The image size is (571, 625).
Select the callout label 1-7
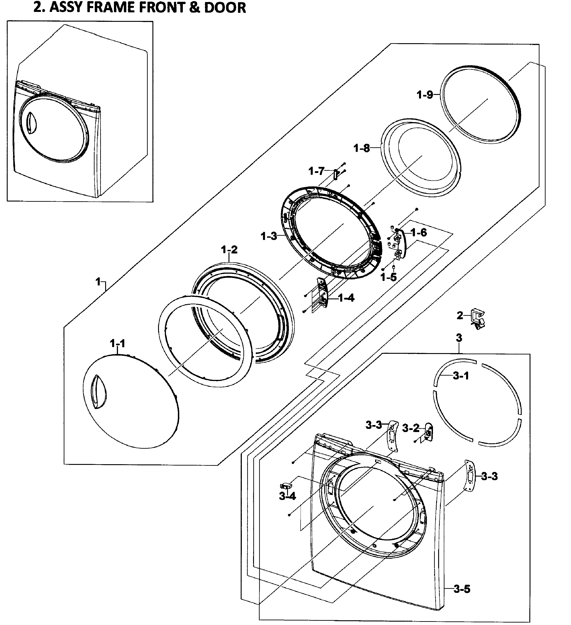[316, 171]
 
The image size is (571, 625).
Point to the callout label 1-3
[269, 236]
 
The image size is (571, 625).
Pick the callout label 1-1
[117, 343]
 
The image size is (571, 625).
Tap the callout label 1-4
[346, 298]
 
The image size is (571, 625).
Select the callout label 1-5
[389, 277]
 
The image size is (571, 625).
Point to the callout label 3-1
[461, 376]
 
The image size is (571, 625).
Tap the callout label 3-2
[411, 428]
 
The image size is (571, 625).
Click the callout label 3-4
[287, 496]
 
